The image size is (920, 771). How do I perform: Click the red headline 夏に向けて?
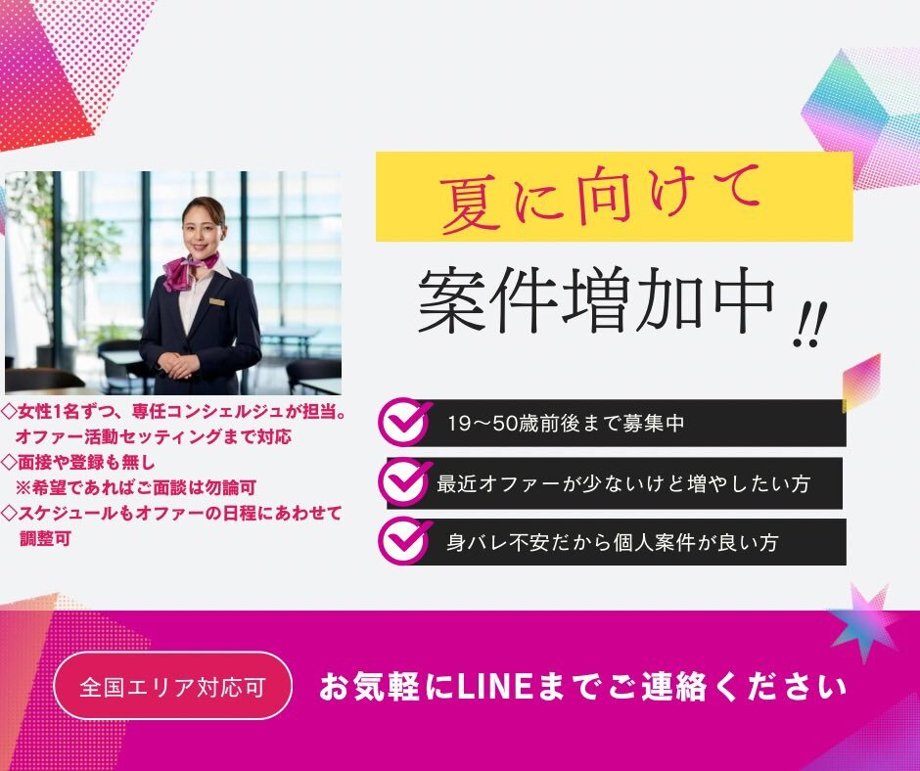click(600, 198)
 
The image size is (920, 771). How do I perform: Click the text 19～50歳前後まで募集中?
click(566, 423)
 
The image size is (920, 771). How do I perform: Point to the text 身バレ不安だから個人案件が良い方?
click(612, 542)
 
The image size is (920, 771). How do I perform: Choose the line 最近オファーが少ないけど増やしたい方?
click(623, 483)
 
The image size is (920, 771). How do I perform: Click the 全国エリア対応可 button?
click(172, 686)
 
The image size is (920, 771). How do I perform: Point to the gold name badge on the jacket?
click(217, 301)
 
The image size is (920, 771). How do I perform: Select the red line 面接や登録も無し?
click(78, 463)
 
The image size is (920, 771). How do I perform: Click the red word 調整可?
click(45, 538)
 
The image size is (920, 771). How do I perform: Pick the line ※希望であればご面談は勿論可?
click(135, 487)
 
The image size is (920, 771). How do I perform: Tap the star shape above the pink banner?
click(863, 620)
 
